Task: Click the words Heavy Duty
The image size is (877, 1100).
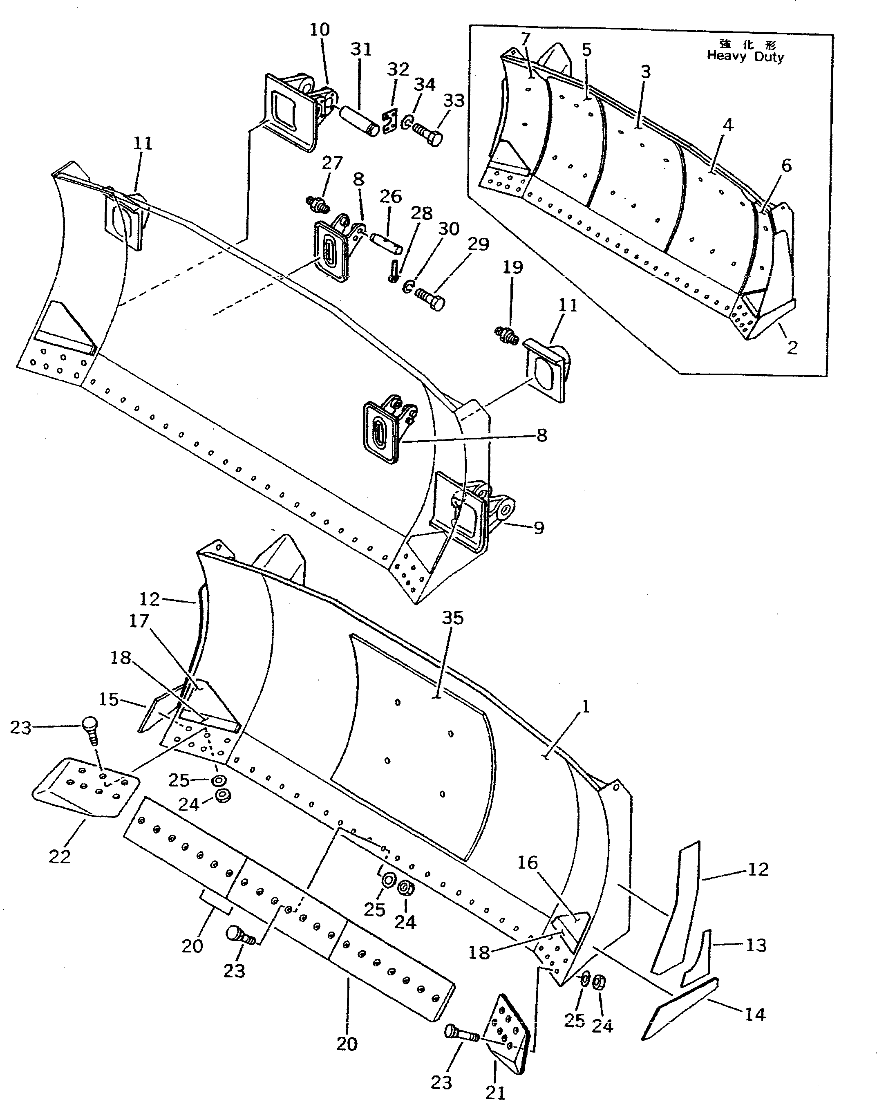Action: click(745, 57)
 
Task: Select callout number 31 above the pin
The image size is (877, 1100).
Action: click(361, 49)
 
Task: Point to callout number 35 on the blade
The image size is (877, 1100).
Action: click(452, 618)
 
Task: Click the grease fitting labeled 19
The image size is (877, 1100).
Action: click(507, 335)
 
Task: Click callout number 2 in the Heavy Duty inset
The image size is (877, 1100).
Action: click(792, 348)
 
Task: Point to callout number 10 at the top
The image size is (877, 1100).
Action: click(320, 29)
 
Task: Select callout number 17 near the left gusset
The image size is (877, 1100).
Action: click(139, 621)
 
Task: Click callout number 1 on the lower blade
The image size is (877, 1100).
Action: click(586, 707)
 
